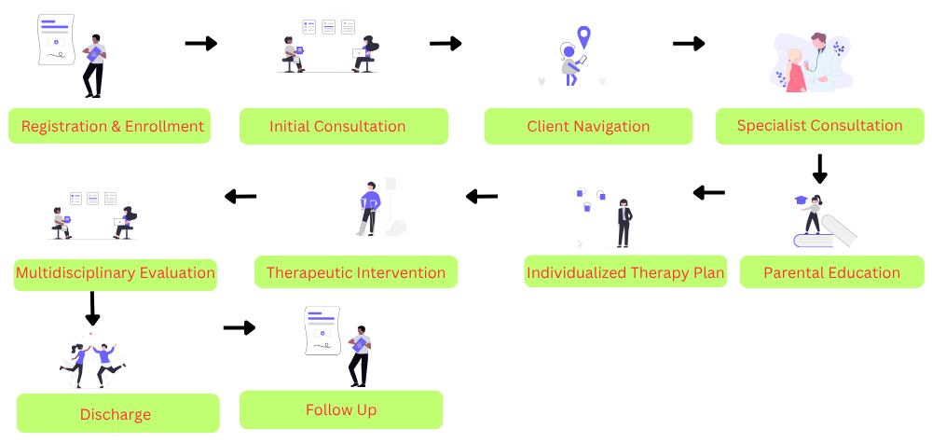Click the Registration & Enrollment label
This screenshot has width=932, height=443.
110,126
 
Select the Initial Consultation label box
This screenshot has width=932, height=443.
343,126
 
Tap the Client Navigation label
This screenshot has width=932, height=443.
588,126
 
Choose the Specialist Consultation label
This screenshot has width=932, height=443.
819,125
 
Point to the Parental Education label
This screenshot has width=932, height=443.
831,272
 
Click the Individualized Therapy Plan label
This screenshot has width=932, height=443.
625,272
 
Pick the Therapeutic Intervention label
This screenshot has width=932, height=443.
356,272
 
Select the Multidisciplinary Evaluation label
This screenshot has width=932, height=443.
116,273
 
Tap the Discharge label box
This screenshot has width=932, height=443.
117,413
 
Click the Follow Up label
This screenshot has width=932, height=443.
341,409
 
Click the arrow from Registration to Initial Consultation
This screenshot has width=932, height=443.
200,43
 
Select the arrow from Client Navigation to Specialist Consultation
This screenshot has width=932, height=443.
689,43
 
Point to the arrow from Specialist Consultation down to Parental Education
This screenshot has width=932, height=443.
820,168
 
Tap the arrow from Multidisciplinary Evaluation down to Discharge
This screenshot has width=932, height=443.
92,309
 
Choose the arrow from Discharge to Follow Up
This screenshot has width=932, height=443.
240,327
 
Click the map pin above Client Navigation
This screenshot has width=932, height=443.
584,37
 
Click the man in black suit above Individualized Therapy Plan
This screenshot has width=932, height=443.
624,223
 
